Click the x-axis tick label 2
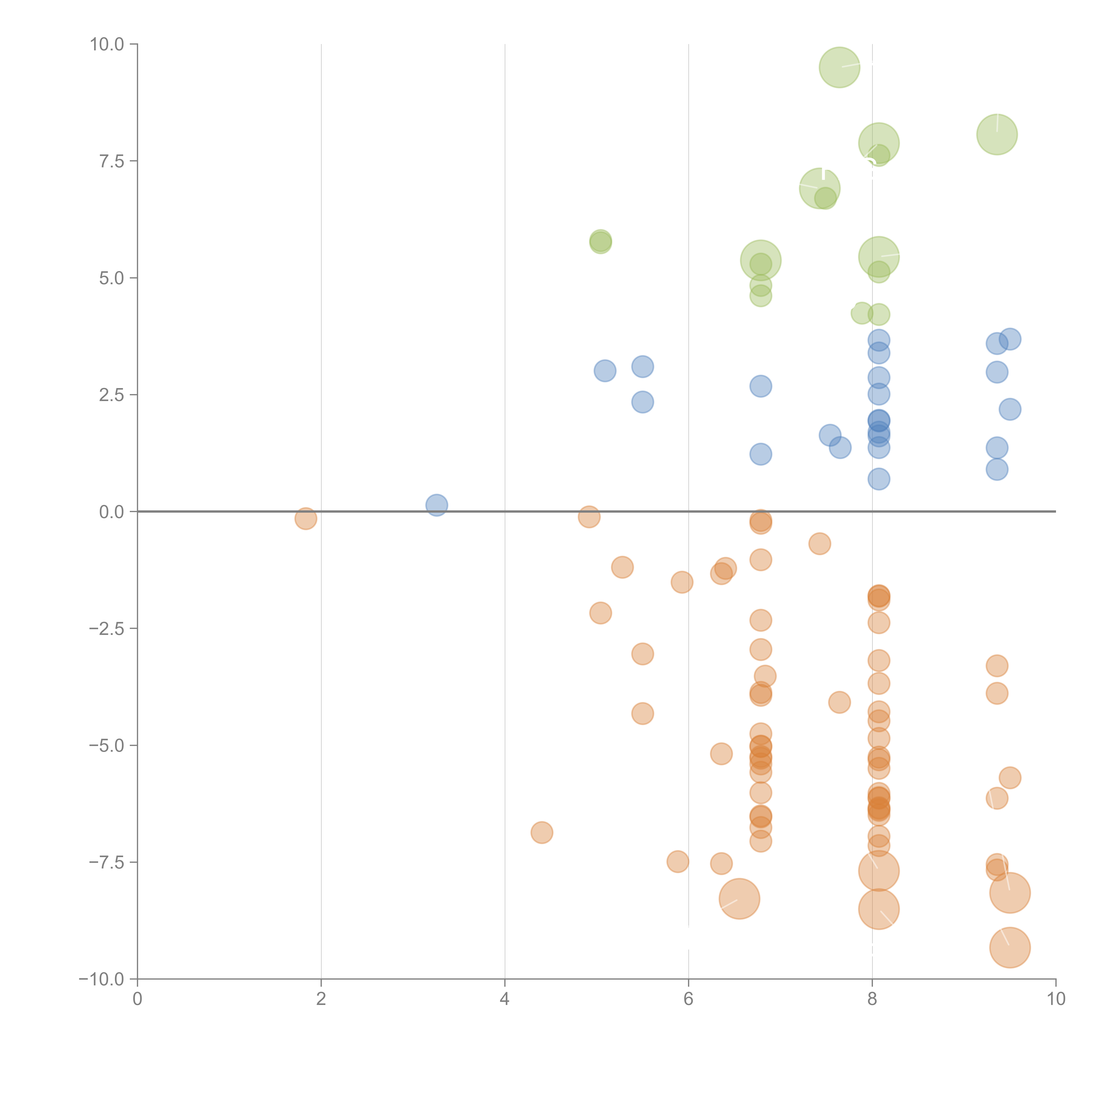pyautogui.click(x=321, y=999)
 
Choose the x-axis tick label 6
pyautogui.click(x=688, y=999)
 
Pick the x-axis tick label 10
pyautogui.click(x=1056, y=999)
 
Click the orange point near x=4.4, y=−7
pyautogui.click(x=541, y=832)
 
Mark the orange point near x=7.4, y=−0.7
pyautogui.click(x=819, y=544)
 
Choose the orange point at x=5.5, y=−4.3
pyautogui.click(x=642, y=713)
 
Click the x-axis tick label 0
pyautogui.click(x=137, y=999)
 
